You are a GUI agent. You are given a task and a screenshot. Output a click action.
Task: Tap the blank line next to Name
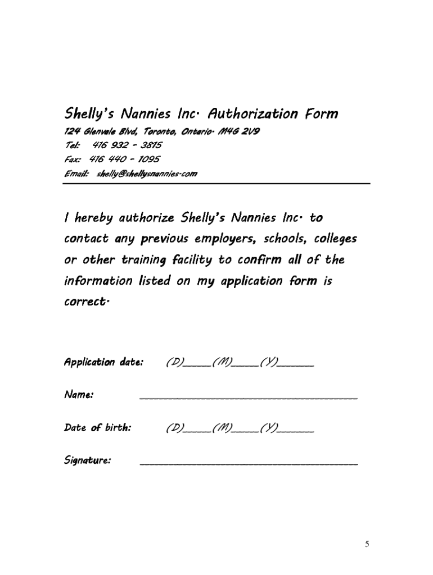pos(248,397)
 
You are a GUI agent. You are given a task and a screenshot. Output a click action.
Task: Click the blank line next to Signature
pos(248,463)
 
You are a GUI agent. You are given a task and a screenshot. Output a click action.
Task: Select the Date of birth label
pos(98,428)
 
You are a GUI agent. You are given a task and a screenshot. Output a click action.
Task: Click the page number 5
pos(367,544)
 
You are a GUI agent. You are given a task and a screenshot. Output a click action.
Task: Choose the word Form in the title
pos(322,114)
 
